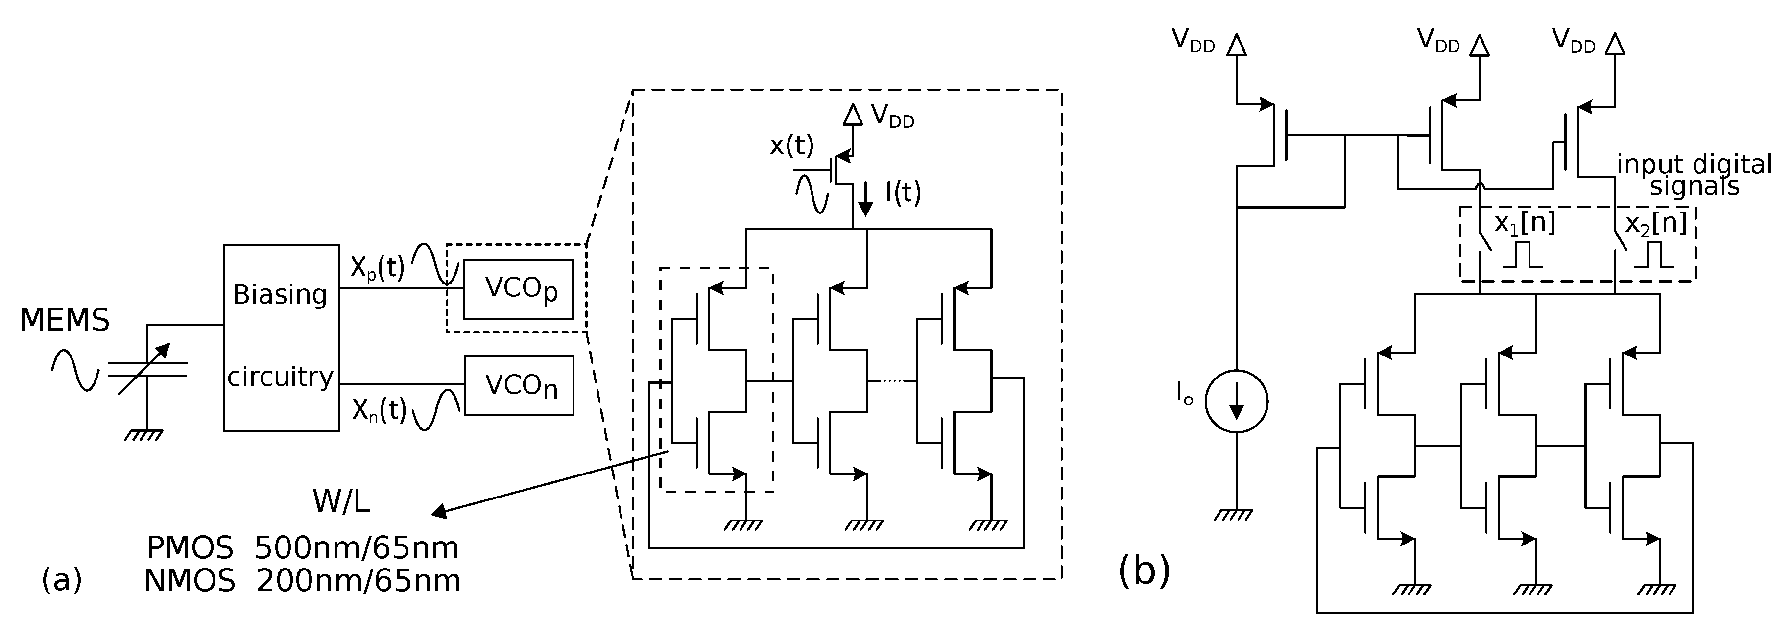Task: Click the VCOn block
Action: (519, 386)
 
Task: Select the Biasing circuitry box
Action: (281, 337)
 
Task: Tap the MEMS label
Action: (65, 321)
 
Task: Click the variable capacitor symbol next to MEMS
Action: (147, 369)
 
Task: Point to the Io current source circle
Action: (1236, 402)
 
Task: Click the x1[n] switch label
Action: (1524, 224)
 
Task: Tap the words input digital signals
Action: (1693, 175)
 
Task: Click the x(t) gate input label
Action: (791, 145)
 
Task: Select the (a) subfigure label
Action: (61, 579)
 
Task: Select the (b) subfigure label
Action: (1145, 570)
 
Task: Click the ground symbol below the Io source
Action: (1233, 515)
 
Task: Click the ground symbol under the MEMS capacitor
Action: (144, 435)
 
